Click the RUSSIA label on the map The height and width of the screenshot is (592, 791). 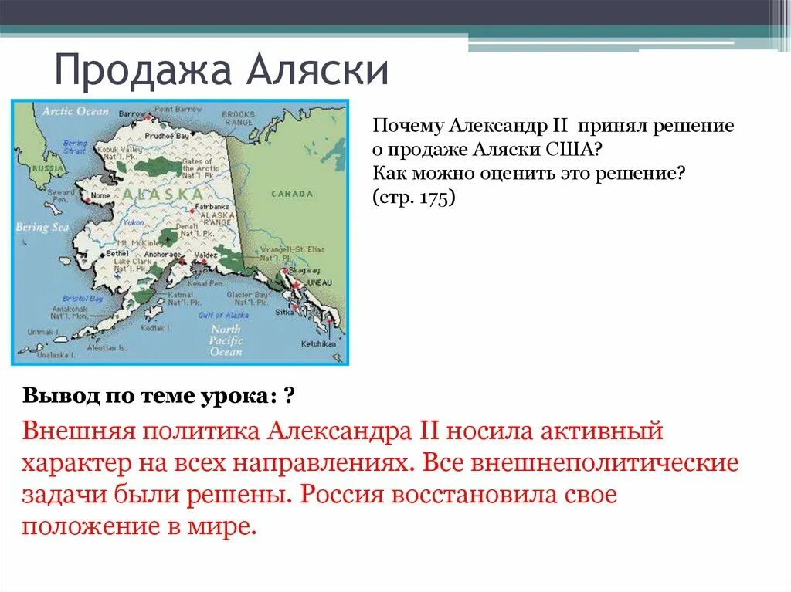pos(30,168)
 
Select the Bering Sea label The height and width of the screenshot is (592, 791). pos(42,228)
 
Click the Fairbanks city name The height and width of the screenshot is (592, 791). pos(209,208)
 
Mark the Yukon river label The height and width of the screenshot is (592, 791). pos(134,222)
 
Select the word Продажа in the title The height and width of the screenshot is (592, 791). pos(143,71)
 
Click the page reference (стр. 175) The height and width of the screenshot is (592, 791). pos(414,197)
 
